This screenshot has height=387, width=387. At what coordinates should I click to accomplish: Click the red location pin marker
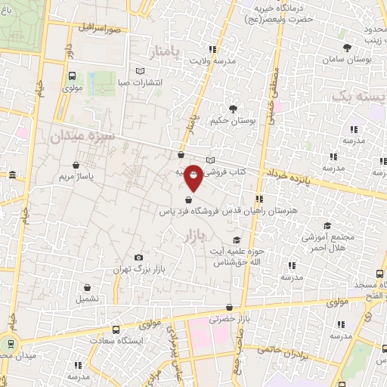pyautogui.click(x=194, y=177)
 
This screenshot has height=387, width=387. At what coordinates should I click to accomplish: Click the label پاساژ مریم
pyautogui.click(x=76, y=176)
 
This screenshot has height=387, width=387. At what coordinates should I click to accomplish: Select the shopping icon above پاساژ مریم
pyautogui.click(x=76, y=165)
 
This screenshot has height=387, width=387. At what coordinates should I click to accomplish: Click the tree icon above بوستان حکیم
pyautogui.click(x=233, y=109)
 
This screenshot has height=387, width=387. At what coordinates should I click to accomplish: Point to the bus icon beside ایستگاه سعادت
pyautogui.click(x=116, y=330)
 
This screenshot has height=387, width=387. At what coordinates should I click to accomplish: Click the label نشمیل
pyautogui.click(x=87, y=299)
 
